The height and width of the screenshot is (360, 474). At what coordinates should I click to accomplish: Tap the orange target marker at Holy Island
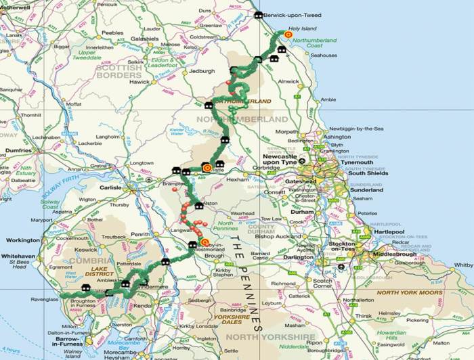288,35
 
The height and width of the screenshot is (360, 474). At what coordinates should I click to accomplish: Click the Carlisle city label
110,187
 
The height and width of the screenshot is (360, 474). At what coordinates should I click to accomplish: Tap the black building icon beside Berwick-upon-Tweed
258,15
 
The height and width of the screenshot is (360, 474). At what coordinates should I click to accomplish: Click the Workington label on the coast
22,240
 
